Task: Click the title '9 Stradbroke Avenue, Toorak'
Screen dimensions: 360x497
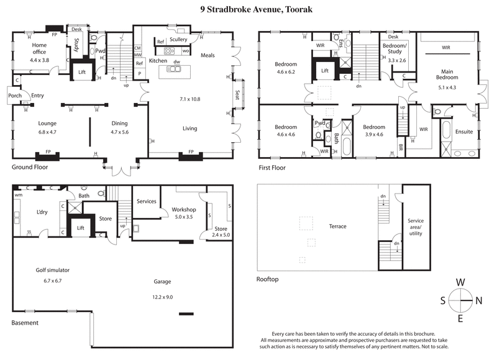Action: (x=248, y=9)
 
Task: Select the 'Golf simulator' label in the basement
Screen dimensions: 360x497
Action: (x=52, y=271)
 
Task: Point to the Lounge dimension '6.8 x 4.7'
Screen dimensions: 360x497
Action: (x=47, y=132)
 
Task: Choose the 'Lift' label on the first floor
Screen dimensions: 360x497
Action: (x=324, y=71)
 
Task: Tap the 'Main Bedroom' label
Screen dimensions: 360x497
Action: (x=446, y=74)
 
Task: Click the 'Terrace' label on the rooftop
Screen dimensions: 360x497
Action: (x=337, y=227)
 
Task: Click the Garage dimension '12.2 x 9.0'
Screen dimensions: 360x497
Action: (x=162, y=297)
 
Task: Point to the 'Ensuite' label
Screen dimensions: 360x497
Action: (x=464, y=132)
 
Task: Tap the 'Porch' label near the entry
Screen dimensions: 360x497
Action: (x=15, y=96)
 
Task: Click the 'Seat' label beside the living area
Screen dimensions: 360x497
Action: (x=237, y=96)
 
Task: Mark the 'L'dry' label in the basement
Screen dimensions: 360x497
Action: (x=42, y=212)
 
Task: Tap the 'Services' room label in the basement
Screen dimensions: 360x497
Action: (x=146, y=201)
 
